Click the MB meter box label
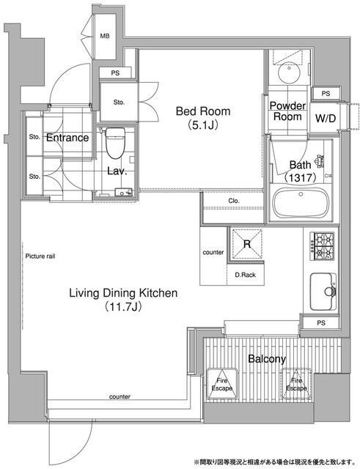[x=105, y=36]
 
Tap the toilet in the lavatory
[x=115, y=143]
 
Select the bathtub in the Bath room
[x=301, y=203]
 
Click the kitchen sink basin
[x=323, y=292]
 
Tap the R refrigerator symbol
[x=247, y=244]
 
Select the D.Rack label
[x=245, y=275]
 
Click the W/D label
[x=326, y=119]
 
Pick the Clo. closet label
[x=234, y=201]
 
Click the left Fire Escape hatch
[x=222, y=384]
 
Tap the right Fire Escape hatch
[x=296, y=384]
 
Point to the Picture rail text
[x=40, y=256]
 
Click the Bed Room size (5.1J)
[x=203, y=125]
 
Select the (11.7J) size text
[x=123, y=306]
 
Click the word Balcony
[x=267, y=359]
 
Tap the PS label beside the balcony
[x=321, y=322]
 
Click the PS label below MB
[x=115, y=73]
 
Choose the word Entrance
[x=67, y=138]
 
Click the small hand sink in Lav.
[x=123, y=192]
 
